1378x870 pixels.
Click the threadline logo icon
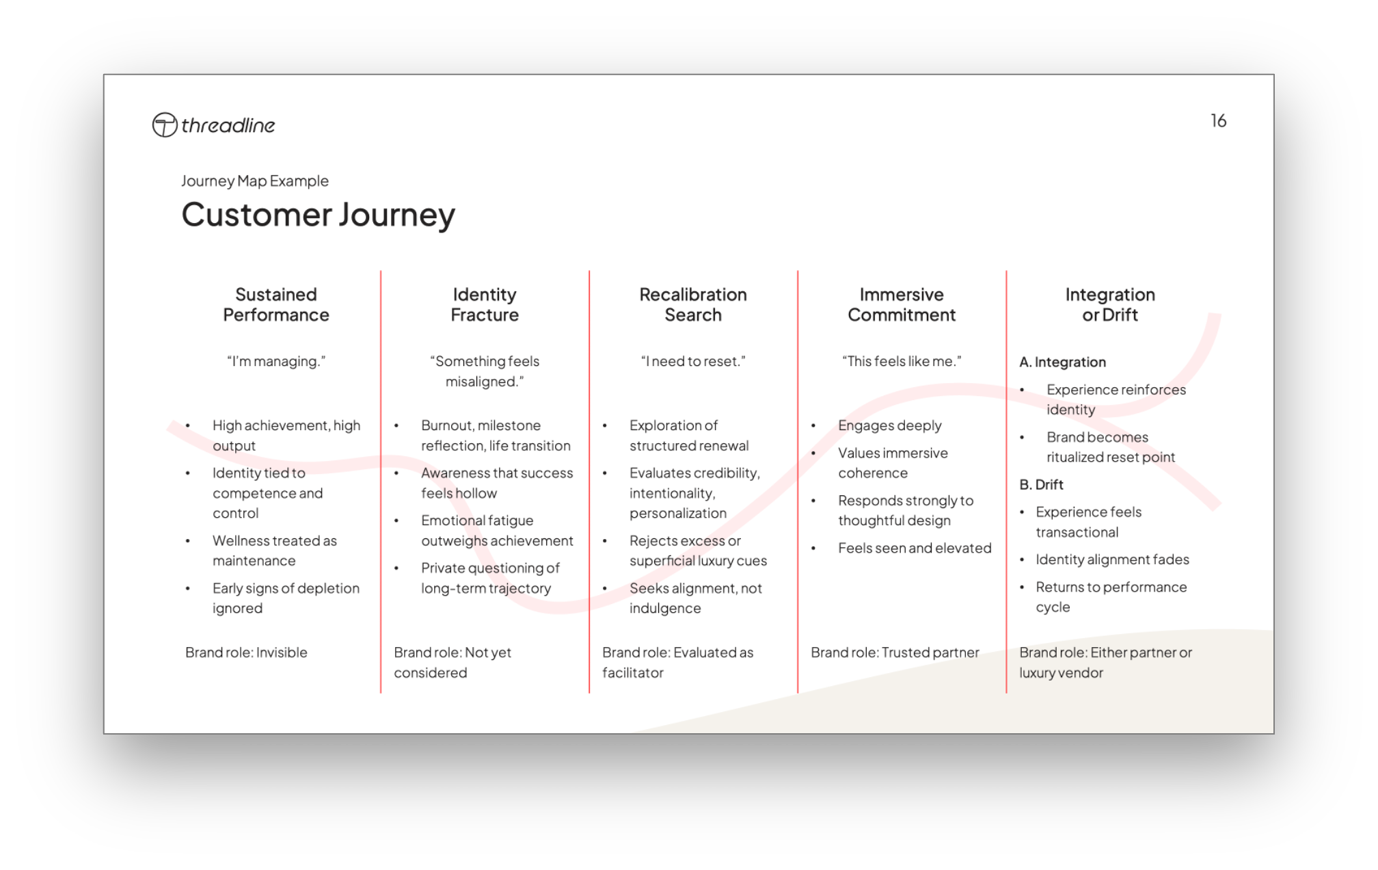pos(164,125)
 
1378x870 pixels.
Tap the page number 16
pos(1218,121)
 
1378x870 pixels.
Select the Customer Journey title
pos(318,215)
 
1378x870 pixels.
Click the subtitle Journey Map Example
pos(254,181)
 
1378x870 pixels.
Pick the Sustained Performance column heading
pos(276,304)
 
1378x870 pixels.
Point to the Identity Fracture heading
pos(485,304)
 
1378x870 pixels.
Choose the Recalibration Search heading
pos(693,304)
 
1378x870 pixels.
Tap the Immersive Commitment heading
pos(902,304)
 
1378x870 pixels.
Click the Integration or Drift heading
pos(1110,304)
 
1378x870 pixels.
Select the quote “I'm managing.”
pos(276,361)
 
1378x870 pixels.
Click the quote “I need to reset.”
pos(693,361)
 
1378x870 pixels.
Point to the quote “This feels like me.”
pos(902,361)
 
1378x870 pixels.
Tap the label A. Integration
pos(1062,362)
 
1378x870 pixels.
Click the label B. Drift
pos(1041,485)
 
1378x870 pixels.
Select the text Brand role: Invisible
pos(246,652)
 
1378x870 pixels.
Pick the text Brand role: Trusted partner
pos(895,652)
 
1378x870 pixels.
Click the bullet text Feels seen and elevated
pos(915,548)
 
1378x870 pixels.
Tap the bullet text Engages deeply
pos(889,425)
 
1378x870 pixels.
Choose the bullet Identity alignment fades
pos(1112,559)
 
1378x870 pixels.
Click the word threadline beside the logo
pos(228,125)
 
